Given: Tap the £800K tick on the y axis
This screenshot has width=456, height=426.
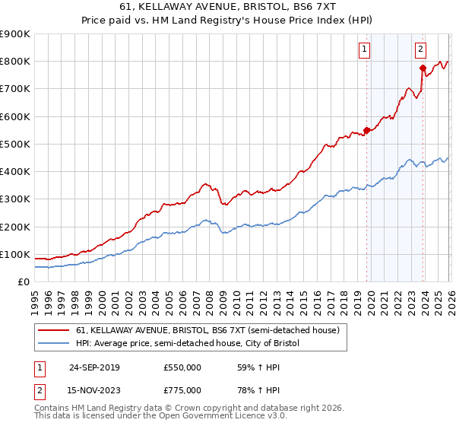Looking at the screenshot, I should [15, 61].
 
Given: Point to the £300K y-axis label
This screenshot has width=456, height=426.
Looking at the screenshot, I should [15, 199].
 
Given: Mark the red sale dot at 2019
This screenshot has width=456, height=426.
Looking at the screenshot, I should [366, 130].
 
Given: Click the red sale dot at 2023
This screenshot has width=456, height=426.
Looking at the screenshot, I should [423, 68].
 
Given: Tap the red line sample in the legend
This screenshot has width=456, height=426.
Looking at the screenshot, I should [53, 331].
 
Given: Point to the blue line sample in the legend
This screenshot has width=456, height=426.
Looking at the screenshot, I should [53, 344].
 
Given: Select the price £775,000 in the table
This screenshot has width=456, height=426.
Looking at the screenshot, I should [182, 389].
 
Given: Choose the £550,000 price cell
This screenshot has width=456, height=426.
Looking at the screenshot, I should [182, 367].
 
